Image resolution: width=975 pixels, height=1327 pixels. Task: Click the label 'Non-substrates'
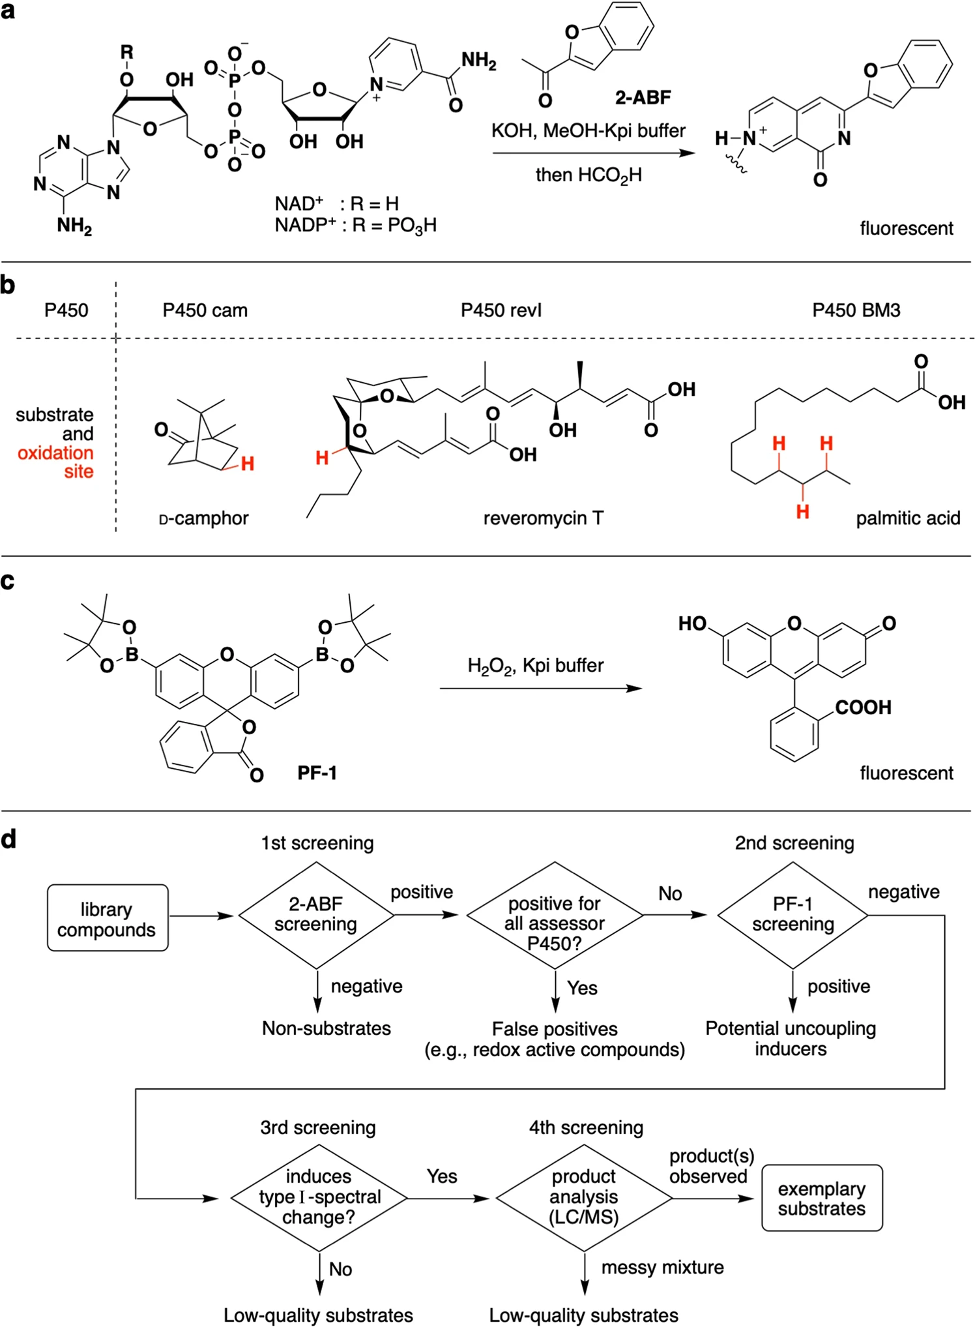[327, 1028]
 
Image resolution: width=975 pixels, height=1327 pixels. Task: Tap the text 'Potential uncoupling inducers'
[791, 1039]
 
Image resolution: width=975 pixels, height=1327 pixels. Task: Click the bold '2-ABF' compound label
[643, 98]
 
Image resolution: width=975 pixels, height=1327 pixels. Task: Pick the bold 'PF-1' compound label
[317, 773]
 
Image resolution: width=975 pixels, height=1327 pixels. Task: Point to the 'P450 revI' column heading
[501, 310]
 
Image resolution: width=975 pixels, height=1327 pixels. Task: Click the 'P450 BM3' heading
[856, 310]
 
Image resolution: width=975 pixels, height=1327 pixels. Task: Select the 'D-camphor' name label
[204, 518]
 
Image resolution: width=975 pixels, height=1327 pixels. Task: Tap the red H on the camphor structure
[248, 464]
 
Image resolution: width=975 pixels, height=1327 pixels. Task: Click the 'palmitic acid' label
[909, 518]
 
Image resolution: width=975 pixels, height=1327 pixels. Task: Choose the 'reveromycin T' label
[544, 518]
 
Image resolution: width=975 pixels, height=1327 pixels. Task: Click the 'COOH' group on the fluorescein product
[864, 708]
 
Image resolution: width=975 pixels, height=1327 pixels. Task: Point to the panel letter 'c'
[8, 581]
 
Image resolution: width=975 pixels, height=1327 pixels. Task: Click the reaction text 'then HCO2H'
[589, 175]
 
